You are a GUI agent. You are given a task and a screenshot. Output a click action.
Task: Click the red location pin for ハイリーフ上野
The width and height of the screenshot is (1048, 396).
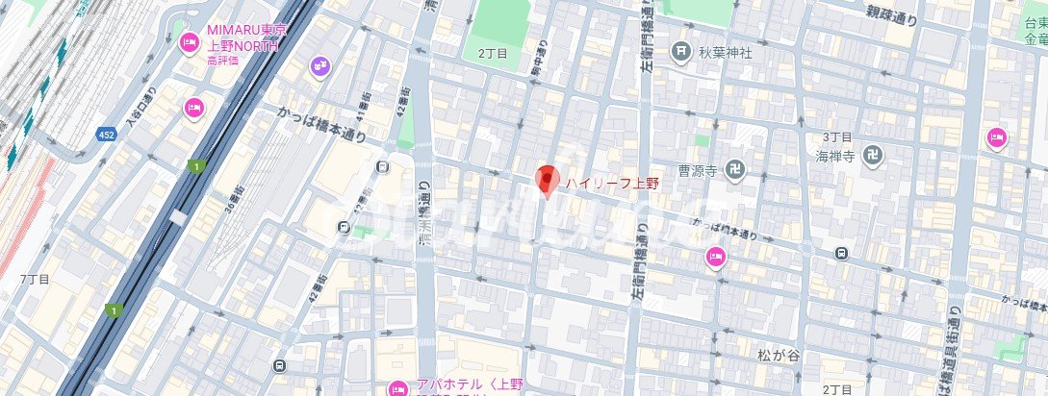click(547, 180)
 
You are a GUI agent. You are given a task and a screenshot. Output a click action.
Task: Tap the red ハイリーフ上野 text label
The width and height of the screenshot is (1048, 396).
click(610, 183)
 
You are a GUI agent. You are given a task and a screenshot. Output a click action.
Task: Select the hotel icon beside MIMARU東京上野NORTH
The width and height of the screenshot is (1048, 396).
click(189, 42)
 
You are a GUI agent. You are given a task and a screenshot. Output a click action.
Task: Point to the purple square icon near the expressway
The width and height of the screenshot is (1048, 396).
click(320, 65)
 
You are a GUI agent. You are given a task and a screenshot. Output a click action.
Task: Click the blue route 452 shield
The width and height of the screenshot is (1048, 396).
click(106, 135)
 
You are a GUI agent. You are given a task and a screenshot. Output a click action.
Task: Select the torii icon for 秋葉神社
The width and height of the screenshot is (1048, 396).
click(681, 52)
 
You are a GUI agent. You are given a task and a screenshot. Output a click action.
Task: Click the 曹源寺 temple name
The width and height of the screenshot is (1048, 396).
click(698, 170)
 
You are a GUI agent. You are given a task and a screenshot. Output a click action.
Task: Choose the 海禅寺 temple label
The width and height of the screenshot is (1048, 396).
click(835, 156)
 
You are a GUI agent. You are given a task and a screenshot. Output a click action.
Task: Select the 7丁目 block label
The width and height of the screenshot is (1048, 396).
click(34, 278)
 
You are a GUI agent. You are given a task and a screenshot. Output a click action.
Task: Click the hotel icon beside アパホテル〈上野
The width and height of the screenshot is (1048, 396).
click(396, 388)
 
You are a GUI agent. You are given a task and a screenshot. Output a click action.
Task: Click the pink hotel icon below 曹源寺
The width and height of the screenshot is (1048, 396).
click(714, 256)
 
